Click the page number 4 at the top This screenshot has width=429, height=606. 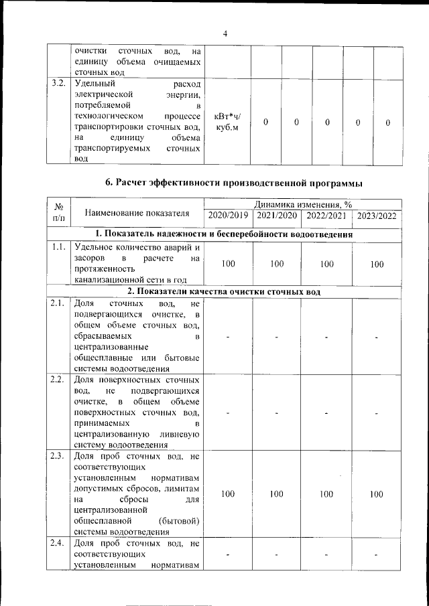click(x=225, y=34)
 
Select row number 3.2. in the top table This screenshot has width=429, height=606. click(x=58, y=84)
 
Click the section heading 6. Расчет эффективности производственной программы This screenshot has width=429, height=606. click(x=235, y=182)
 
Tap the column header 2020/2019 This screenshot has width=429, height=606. click(x=228, y=216)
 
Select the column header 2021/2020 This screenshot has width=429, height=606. click(x=277, y=216)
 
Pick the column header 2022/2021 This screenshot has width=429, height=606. click(x=326, y=216)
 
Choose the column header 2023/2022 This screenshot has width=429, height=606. click(x=377, y=216)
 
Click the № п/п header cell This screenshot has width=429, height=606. click(x=58, y=212)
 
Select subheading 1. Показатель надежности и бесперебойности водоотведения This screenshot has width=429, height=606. click(x=224, y=234)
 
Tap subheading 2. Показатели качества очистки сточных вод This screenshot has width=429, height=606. click(x=224, y=292)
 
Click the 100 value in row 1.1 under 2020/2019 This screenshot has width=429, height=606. click(x=228, y=264)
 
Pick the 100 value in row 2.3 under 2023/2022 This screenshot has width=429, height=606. click(x=377, y=494)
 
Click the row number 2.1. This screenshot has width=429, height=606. click(x=58, y=304)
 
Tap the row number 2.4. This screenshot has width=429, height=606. click(x=58, y=544)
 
